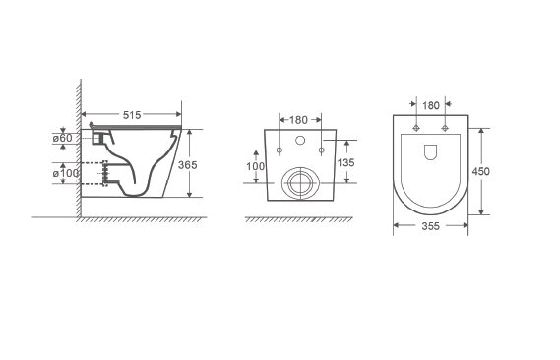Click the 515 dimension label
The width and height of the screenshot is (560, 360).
pyautogui.click(x=132, y=115)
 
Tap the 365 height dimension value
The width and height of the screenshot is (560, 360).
pyautogui.click(x=188, y=165)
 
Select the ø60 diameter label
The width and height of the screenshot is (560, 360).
pyautogui.click(x=63, y=138)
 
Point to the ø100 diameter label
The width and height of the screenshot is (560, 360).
pyautogui.click(x=66, y=173)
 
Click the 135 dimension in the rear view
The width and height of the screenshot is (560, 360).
pyautogui.click(x=345, y=162)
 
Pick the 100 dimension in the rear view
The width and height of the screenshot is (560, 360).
pyautogui.click(x=255, y=166)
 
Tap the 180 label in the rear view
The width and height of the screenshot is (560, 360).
pyautogui.click(x=298, y=120)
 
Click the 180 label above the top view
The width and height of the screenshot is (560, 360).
pyautogui.click(x=431, y=106)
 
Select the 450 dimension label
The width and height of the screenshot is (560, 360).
pyautogui.click(x=480, y=171)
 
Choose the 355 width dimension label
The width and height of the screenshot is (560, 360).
pyautogui.click(x=431, y=226)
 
